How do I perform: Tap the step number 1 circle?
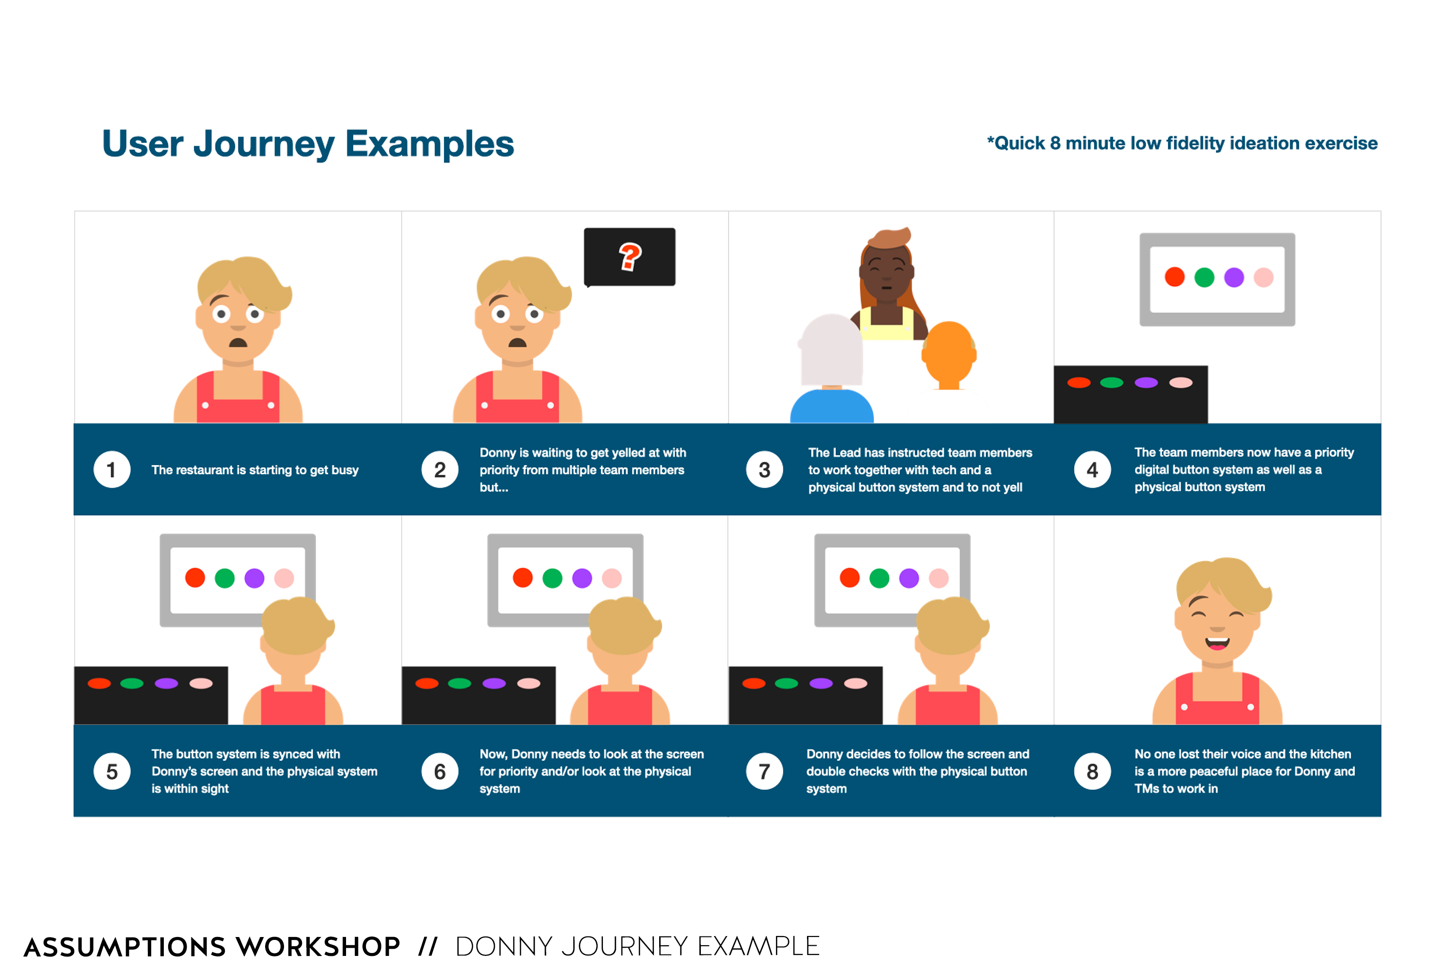[x=112, y=469]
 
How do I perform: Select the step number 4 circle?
[x=1092, y=469]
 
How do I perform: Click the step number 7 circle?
[x=765, y=771]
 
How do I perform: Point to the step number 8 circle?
[x=1092, y=771]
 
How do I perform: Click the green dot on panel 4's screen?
[x=1204, y=278]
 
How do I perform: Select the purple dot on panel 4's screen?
[x=1234, y=278]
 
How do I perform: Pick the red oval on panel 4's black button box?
[x=1079, y=383]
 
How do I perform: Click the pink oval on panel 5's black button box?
[x=201, y=684]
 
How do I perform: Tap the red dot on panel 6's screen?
[x=522, y=578]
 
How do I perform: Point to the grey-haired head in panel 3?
[x=832, y=351]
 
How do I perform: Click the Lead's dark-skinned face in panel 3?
[x=886, y=273]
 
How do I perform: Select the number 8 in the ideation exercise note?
[x=1055, y=143]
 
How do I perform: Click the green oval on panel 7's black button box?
[x=786, y=684]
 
